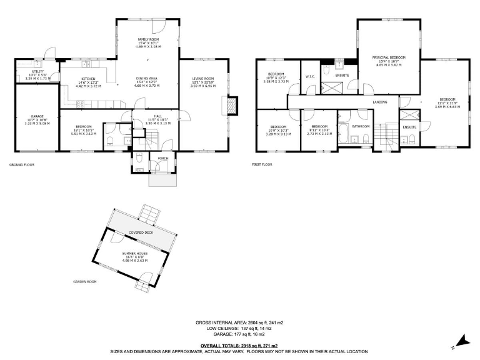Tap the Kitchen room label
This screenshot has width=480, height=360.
pyautogui.click(x=87, y=79)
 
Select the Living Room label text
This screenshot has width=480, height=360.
pyautogui.click(x=203, y=79)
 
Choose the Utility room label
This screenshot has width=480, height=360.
pyautogui.click(x=37, y=71)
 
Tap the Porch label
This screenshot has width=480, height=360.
pyautogui.click(x=162, y=158)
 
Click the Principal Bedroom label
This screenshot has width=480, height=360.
pyautogui.click(x=389, y=57)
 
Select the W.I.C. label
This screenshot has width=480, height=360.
pyautogui.click(x=309, y=76)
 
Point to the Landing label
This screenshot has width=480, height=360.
pyautogui.click(x=379, y=101)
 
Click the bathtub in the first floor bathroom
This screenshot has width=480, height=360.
pyautogui.click(x=344, y=132)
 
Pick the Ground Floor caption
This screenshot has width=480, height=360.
pyautogui.click(x=21, y=164)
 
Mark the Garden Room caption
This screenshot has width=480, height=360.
pyautogui.click(x=84, y=282)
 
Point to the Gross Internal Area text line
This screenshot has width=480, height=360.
pyautogui.click(x=239, y=322)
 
